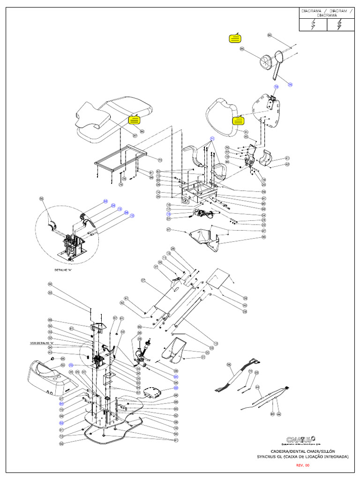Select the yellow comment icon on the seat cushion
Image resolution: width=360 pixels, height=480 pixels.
(134, 120)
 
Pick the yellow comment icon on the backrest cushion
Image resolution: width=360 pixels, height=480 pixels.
(238, 120)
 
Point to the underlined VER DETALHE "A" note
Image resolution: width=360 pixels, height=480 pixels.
(40, 343)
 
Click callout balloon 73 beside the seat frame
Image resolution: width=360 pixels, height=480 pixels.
(160, 160)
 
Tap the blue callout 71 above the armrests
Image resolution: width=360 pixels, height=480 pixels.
(212, 139)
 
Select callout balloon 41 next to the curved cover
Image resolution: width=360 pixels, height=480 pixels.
(287, 158)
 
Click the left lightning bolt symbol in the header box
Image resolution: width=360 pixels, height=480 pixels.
(313, 25)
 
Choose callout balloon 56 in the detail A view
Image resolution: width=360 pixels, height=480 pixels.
(41, 199)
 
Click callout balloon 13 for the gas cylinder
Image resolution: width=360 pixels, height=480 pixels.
(216, 343)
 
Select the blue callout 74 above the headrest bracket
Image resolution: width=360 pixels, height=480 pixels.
(276, 87)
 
